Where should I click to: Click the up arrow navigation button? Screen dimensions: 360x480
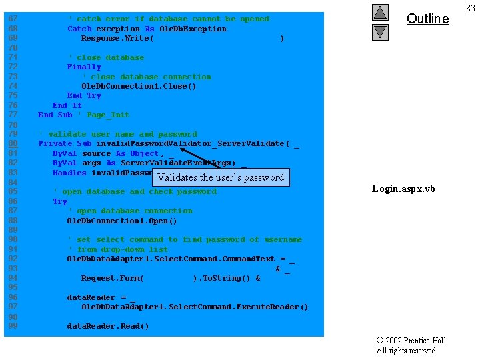(379, 12)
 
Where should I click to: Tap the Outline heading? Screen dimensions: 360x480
(427, 19)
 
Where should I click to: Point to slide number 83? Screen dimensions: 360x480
(471, 8)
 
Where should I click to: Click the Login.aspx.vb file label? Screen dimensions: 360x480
(403, 189)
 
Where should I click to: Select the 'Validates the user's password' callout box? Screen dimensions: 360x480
(221, 177)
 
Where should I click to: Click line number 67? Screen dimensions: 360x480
(13, 19)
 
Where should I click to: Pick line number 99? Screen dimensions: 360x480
(13, 326)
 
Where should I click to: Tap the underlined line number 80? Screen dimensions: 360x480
(13, 143)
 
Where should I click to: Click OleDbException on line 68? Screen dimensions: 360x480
(193, 29)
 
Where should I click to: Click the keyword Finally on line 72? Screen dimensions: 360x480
(84, 67)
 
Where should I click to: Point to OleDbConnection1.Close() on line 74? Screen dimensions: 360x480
(139, 86)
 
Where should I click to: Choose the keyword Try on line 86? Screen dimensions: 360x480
(60, 201)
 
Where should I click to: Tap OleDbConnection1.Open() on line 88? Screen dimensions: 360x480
(122, 221)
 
